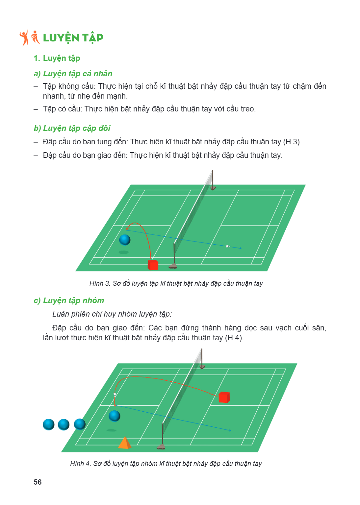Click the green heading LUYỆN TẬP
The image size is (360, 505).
pos(73,38)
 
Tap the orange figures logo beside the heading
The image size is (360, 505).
pos(30,38)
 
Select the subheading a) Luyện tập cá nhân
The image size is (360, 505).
pos(73,74)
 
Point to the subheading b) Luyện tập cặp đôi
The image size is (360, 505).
pos(72,128)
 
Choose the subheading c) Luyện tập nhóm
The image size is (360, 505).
pos(69,301)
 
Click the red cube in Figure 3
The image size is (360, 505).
pos(153,265)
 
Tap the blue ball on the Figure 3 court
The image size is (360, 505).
pos(125,240)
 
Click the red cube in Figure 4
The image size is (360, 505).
pos(224,397)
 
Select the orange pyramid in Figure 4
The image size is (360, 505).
pos(124,443)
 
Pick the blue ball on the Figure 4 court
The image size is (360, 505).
pos(115,416)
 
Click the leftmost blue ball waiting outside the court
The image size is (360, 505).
pos(48,425)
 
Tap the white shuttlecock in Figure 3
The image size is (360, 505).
pos(228,246)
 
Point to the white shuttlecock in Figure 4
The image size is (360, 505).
pos(115,395)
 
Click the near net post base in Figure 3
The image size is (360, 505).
pos(173,266)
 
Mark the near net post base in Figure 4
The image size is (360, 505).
pos(161,447)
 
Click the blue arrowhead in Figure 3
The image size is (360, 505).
pos(241,248)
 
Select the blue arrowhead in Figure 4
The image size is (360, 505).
pos(230,430)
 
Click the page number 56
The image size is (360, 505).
pos(38,482)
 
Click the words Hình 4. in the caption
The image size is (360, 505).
pos(80,464)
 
